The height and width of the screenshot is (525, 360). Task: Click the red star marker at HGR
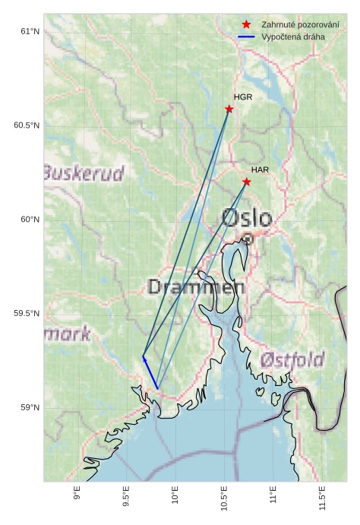click(229, 109)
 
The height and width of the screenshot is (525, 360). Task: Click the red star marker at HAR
click(247, 182)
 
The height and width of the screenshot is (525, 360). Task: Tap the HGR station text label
click(243, 97)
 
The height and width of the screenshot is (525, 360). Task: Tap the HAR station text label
click(261, 169)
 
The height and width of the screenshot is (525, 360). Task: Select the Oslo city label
click(247, 219)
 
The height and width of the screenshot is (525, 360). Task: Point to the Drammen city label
click(196, 287)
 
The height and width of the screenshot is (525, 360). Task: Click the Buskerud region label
click(84, 174)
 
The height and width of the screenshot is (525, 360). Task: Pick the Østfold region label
click(292, 359)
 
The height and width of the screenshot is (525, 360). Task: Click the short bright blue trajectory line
click(150, 373)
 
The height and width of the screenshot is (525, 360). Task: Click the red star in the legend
click(246, 24)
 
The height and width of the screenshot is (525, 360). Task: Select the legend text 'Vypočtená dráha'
click(292, 36)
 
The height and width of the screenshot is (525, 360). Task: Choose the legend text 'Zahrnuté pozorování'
click(300, 24)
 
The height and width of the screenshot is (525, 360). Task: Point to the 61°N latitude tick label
click(30, 31)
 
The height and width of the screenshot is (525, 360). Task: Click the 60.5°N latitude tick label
click(27, 125)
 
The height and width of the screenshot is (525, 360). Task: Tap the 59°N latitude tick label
click(30, 408)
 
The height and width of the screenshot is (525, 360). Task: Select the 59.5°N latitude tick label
click(27, 314)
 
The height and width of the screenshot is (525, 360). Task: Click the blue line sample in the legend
click(246, 36)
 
